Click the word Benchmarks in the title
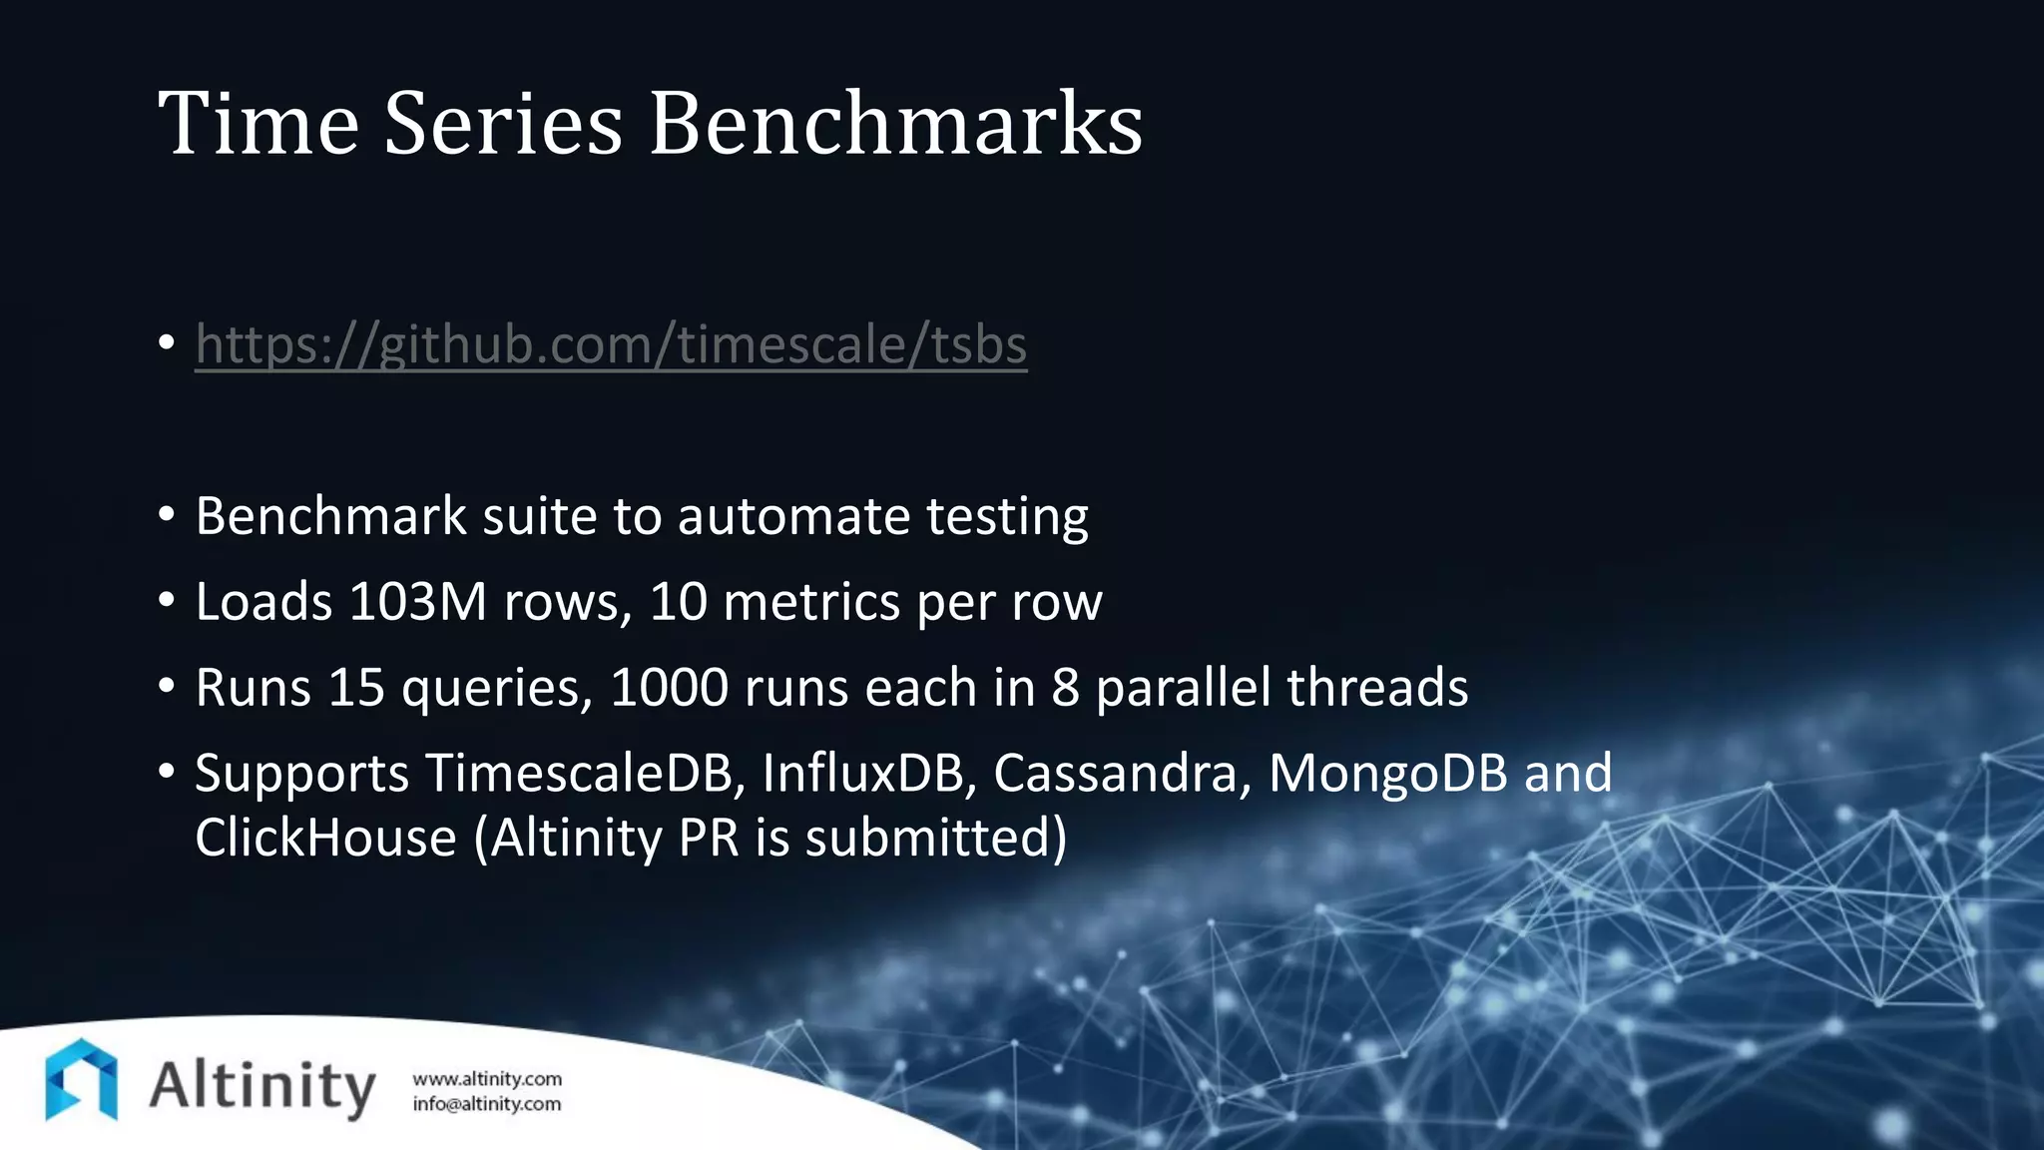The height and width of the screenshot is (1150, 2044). [x=895, y=124]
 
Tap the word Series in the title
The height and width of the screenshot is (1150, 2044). [x=503, y=124]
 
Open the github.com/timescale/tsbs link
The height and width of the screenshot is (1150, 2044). [x=611, y=344]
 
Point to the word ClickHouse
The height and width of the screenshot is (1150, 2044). [x=325, y=838]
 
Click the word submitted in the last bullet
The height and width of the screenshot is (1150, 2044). [x=935, y=838]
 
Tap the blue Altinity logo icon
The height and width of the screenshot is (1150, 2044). [x=82, y=1080]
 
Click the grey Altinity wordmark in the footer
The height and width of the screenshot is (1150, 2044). [x=262, y=1086]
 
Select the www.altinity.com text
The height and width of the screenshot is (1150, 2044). [x=487, y=1079]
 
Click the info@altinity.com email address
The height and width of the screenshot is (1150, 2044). [x=487, y=1104]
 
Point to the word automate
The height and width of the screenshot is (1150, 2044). [x=793, y=516]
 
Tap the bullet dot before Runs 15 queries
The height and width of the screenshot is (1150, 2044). [x=167, y=686]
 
